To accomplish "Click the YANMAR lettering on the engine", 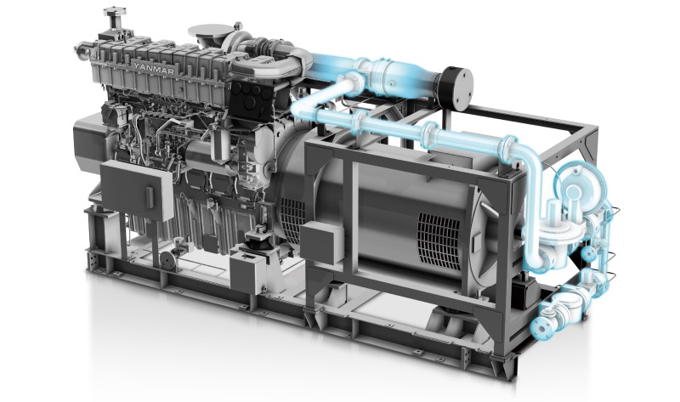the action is pos(155,69).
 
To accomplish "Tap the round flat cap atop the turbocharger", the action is pos(211,31).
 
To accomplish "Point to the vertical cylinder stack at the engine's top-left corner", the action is pos(115,20).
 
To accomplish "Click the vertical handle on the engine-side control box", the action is pos(150,197).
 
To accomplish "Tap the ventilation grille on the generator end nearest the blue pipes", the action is pos(439,241).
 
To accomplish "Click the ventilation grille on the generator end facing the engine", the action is pos(292,220).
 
